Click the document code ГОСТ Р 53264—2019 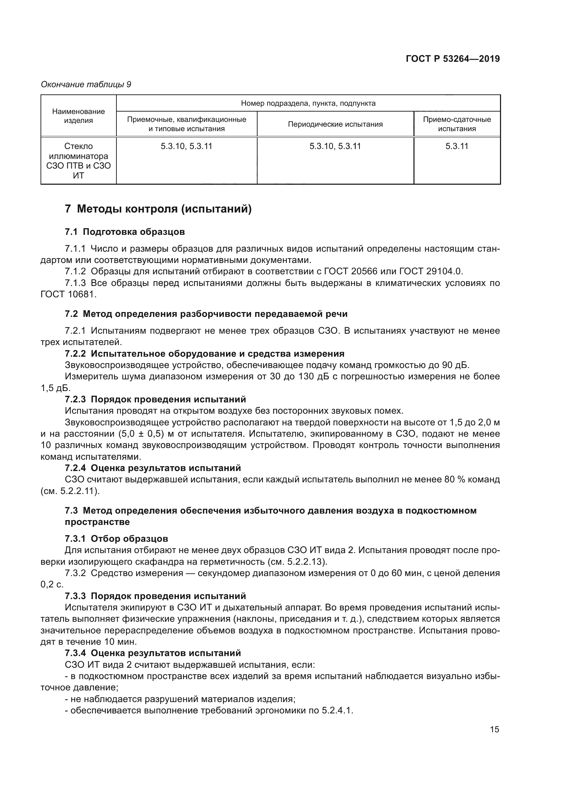[x=453, y=59]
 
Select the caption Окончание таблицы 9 [x=86, y=84]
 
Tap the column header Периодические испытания [x=335, y=124]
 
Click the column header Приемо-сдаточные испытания [x=457, y=124]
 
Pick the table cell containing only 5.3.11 [x=457, y=146]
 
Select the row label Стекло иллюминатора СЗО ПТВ [x=78, y=161]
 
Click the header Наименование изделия [x=78, y=116]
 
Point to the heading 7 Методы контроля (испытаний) [x=158, y=209]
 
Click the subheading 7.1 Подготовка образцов [x=125, y=231]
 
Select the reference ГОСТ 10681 [x=68, y=294]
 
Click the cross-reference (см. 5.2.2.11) [x=70, y=491]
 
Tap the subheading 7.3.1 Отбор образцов [x=116, y=539]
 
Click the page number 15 [x=494, y=729]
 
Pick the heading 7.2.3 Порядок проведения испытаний [x=155, y=399]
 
